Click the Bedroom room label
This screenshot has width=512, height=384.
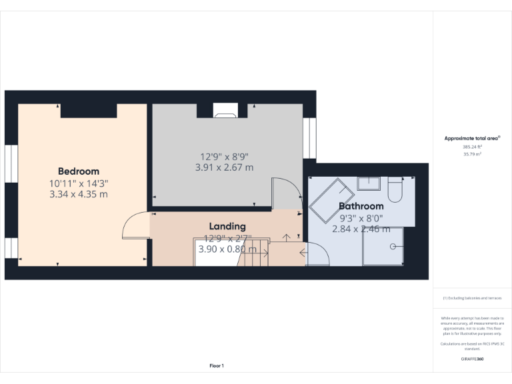pyautogui.click(x=78, y=171)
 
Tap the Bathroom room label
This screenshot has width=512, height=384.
pyautogui.click(x=361, y=206)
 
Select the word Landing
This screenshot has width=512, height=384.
pyautogui.click(x=227, y=227)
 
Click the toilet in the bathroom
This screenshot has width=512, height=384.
pyautogui.click(x=394, y=189)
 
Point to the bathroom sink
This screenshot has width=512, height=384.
pyautogui.click(x=367, y=183)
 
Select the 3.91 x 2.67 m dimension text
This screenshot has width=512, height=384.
pyautogui.click(x=224, y=167)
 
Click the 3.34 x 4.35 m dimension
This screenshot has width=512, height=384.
pyautogui.click(x=78, y=194)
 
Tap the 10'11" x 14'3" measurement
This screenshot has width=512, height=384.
pyautogui.click(x=78, y=183)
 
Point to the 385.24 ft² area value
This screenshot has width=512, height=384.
pyautogui.click(x=472, y=147)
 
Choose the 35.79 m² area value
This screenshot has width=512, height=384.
pyautogui.click(x=472, y=154)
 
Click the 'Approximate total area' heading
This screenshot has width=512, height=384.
pyautogui.click(x=472, y=138)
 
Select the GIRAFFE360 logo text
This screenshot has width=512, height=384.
pyautogui.click(x=472, y=359)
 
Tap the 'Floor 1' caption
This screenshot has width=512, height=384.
pyautogui.click(x=217, y=365)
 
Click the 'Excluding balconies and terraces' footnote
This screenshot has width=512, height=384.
pyautogui.click(x=472, y=298)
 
